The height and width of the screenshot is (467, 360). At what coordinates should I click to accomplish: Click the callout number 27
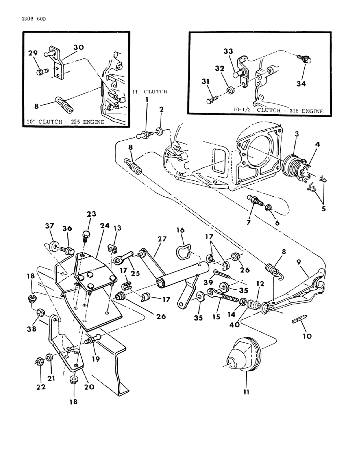(162, 239)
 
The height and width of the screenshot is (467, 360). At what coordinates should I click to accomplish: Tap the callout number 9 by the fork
(299, 262)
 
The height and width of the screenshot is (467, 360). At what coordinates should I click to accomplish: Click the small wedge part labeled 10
(299, 319)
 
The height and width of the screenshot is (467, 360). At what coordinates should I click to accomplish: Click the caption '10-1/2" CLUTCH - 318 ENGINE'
(278, 110)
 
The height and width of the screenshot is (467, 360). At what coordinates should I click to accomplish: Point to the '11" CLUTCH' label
(150, 92)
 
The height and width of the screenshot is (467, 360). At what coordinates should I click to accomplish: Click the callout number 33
(228, 52)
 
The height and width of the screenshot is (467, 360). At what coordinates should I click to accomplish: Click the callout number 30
(78, 47)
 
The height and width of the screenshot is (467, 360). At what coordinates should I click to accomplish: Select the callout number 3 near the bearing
(297, 134)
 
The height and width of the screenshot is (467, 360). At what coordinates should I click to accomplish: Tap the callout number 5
(324, 209)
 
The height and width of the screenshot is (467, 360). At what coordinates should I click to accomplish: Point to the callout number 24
(105, 226)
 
